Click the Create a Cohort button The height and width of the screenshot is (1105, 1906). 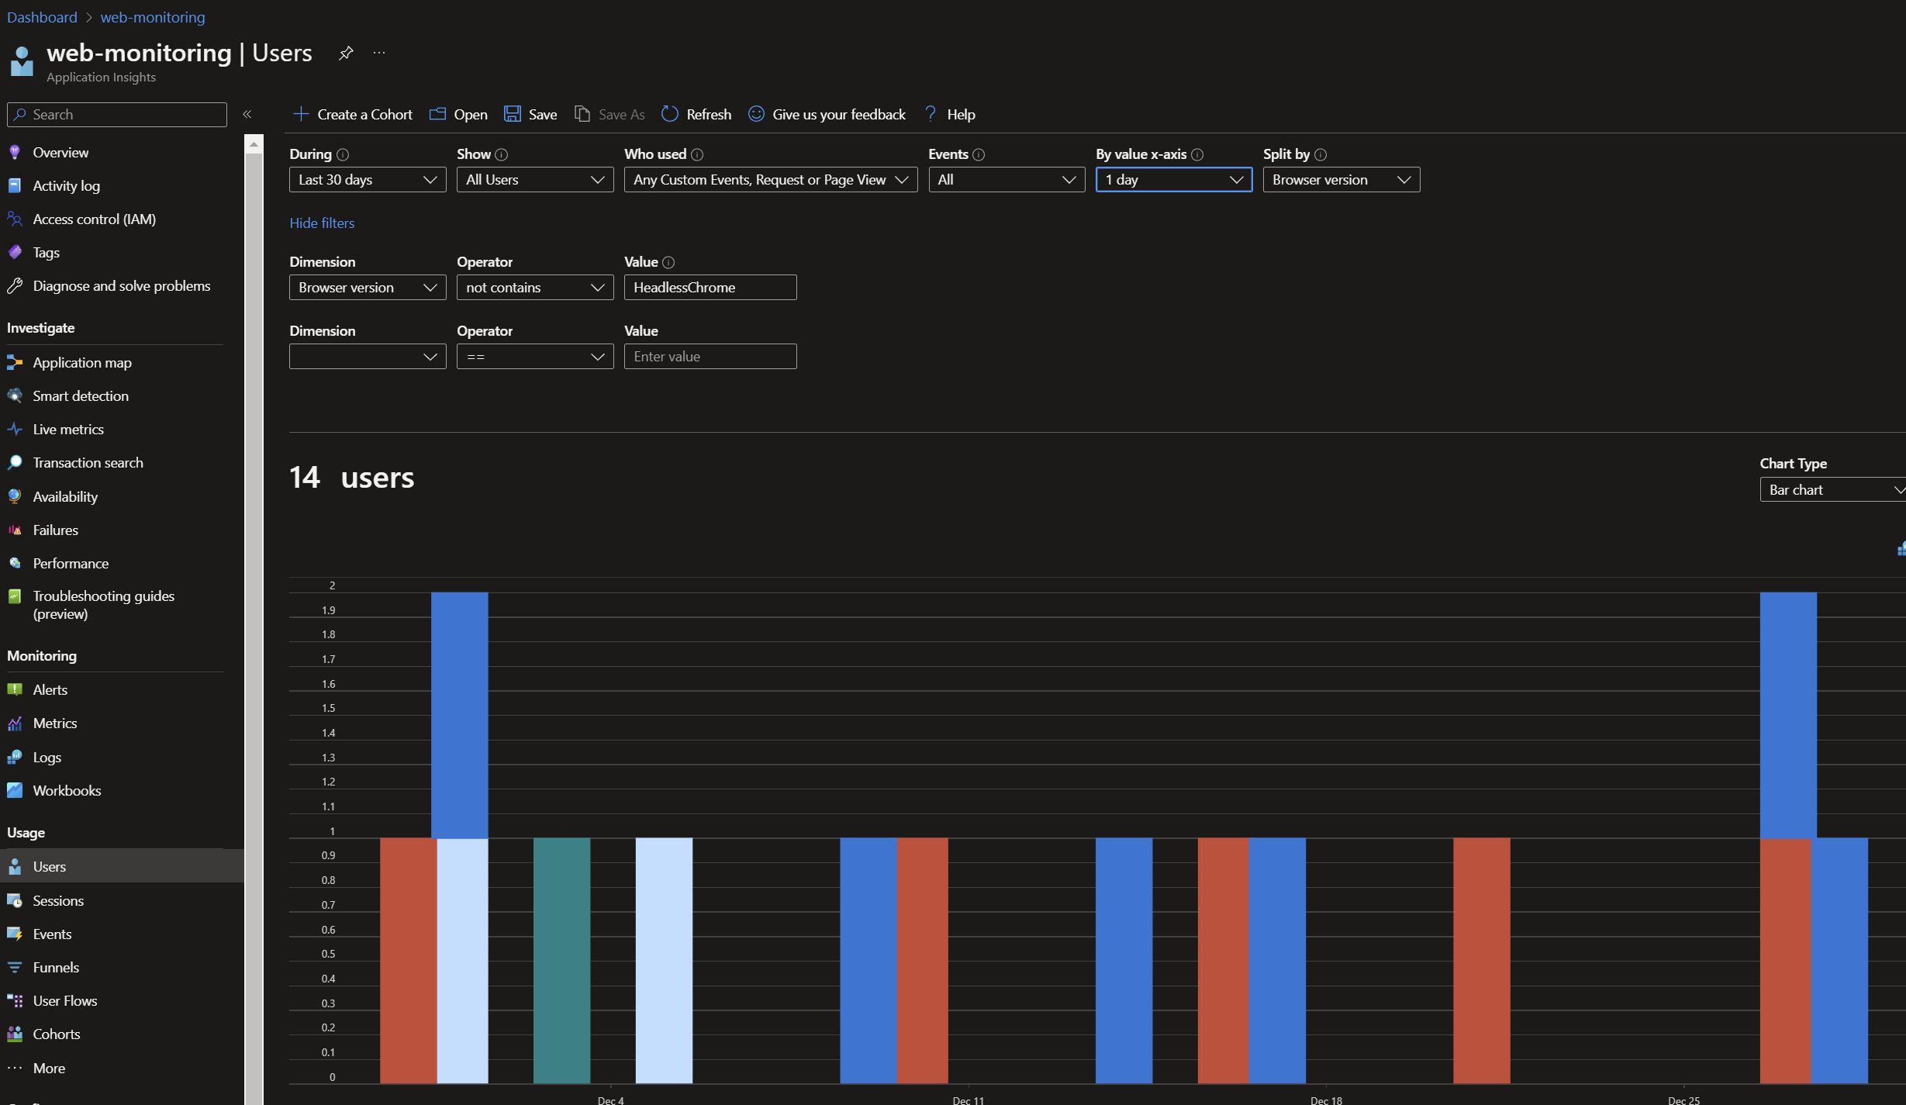(x=353, y=114)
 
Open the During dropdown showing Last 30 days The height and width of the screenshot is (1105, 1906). (x=367, y=179)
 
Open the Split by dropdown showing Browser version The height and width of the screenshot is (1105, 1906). (x=1341, y=179)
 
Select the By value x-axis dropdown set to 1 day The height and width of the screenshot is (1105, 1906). (x=1173, y=179)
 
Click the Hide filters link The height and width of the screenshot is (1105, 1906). (x=322, y=223)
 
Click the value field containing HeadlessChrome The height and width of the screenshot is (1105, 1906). (x=710, y=287)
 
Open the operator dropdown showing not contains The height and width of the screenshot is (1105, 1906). (x=534, y=287)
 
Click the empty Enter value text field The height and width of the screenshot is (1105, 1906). (x=710, y=356)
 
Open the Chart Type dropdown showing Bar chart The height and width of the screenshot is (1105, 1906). (x=1832, y=489)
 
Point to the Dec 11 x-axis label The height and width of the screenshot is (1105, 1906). (x=968, y=1100)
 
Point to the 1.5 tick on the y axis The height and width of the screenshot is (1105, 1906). (x=329, y=708)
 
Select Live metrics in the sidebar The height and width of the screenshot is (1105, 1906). (x=68, y=429)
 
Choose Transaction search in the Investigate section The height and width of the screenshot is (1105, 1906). (x=88, y=462)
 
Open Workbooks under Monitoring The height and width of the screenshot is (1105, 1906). (x=67, y=790)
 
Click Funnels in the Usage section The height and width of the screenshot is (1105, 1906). (x=56, y=967)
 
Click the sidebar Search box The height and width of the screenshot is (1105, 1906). (x=117, y=114)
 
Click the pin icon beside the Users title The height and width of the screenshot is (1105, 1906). (x=346, y=53)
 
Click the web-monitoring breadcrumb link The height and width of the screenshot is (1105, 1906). (x=153, y=17)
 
